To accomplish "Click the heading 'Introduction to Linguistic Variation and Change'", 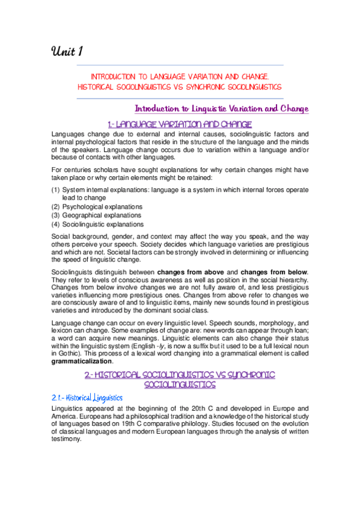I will (221, 109).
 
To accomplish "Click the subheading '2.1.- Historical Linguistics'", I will (88, 398).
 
